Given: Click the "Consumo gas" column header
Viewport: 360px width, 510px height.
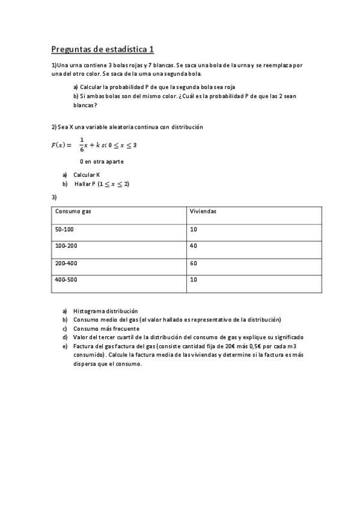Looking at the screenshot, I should [x=73, y=212].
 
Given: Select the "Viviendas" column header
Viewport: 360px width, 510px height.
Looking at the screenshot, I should [x=203, y=212].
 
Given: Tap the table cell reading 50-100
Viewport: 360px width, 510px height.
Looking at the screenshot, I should [x=64, y=230].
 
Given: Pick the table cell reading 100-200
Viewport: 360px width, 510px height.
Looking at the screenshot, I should [x=66, y=246].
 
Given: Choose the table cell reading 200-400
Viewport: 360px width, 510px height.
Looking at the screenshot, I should [x=66, y=263].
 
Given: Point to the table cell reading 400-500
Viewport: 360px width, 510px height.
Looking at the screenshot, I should [x=66, y=280].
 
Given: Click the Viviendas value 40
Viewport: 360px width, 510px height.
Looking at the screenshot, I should [x=194, y=246].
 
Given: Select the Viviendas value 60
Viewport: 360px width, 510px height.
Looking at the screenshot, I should [x=194, y=263].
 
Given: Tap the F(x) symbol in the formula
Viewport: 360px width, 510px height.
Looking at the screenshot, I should [x=60, y=145].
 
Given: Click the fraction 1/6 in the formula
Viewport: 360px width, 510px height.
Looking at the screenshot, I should [x=82, y=145].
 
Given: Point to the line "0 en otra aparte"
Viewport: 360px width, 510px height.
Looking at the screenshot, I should [x=102, y=162].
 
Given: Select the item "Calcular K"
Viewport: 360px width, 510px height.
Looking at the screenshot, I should [x=87, y=175].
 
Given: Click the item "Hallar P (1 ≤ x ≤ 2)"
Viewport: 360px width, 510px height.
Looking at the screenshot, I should [x=102, y=184].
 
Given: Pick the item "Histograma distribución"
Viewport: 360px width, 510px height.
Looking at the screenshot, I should [x=105, y=311].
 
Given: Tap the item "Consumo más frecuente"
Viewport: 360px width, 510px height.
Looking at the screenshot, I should [x=106, y=329].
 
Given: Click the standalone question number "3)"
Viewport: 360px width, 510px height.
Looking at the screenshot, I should [x=54, y=197].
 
